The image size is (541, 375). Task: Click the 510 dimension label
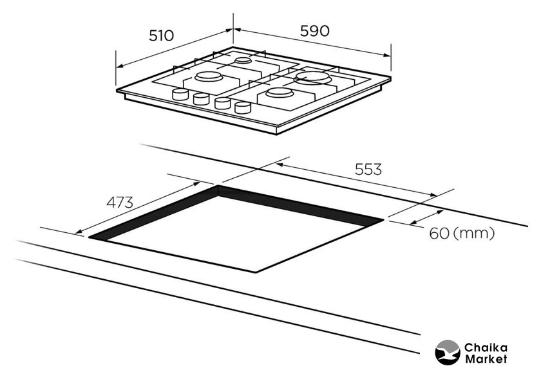(x=161, y=35)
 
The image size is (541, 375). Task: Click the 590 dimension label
(x=315, y=31)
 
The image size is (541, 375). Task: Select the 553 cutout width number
(x=368, y=169)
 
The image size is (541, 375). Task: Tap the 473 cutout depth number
(x=119, y=203)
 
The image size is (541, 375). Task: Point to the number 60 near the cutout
(x=439, y=233)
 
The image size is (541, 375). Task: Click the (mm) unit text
(x=474, y=233)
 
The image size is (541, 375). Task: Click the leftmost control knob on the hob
(x=180, y=94)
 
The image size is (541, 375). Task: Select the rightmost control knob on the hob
(x=243, y=107)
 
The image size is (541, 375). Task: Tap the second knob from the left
(x=201, y=99)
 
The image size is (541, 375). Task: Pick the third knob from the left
(x=223, y=103)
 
